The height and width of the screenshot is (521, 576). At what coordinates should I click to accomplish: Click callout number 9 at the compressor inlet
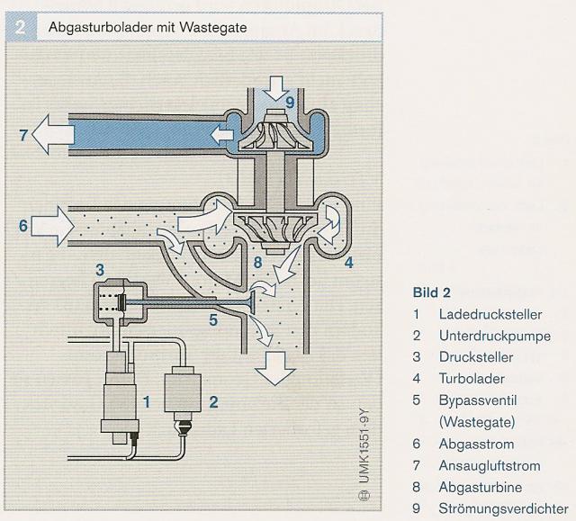[x=290, y=102]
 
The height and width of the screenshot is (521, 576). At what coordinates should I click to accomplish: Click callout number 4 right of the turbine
[x=347, y=263]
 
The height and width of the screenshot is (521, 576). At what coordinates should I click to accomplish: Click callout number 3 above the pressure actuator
[x=100, y=269]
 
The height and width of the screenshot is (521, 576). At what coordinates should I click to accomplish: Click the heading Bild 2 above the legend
[x=430, y=292]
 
